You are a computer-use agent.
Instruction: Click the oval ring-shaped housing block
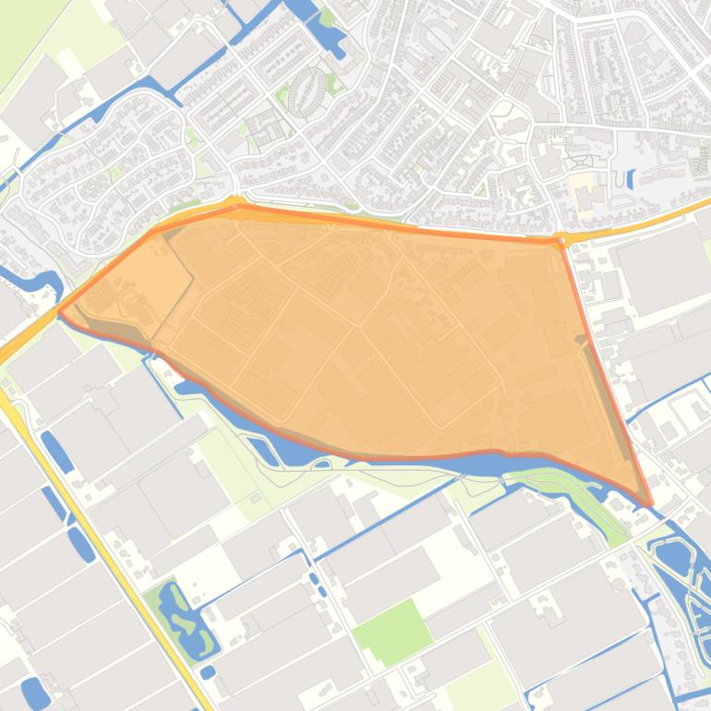tap(307, 91)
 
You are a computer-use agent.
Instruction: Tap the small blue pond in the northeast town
tap(631, 178)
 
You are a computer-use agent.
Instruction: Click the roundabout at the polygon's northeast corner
tap(560, 239)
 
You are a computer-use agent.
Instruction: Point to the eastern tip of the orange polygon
tap(650, 504)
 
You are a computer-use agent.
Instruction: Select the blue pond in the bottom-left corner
tap(34, 692)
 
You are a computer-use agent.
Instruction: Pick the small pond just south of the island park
tap(208, 671)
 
